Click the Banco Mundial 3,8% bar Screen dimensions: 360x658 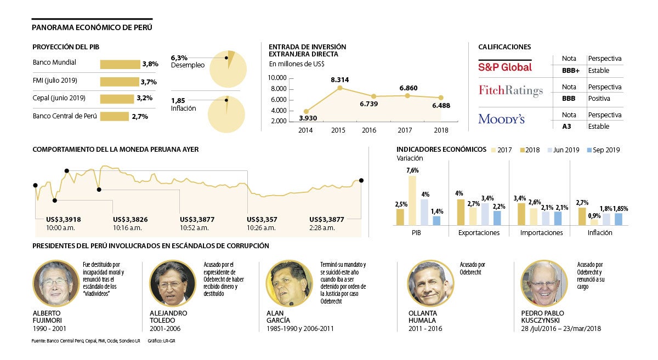(x=120, y=64)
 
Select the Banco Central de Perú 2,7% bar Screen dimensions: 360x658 (x=114, y=116)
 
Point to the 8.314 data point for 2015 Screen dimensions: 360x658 (x=340, y=88)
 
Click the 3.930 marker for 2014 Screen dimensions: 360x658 (x=306, y=111)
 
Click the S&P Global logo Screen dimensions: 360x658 (x=505, y=67)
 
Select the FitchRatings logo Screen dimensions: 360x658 (x=510, y=90)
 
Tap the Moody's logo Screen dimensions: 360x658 (x=501, y=119)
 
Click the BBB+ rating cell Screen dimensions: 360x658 (x=570, y=71)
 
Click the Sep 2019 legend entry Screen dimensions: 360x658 (x=603, y=150)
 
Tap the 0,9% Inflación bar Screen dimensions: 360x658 (x=594, y=222)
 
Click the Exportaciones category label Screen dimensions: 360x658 (x=479, y=233)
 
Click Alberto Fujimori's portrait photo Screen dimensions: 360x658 (x=56, y=283)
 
